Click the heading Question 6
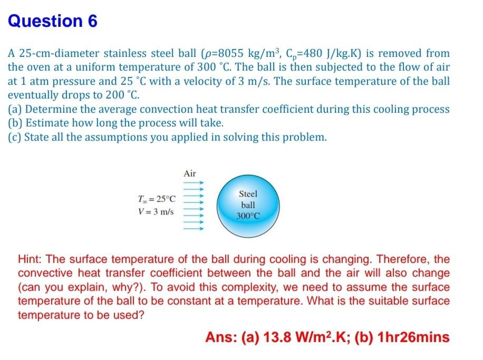coord(53,21)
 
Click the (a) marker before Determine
coord(15,110)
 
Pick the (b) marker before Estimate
coord(15,123)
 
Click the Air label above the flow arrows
coord(190,173)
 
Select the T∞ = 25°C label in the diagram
coord(156,199)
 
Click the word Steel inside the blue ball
coord(248,194)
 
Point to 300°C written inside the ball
coord(248,216)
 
